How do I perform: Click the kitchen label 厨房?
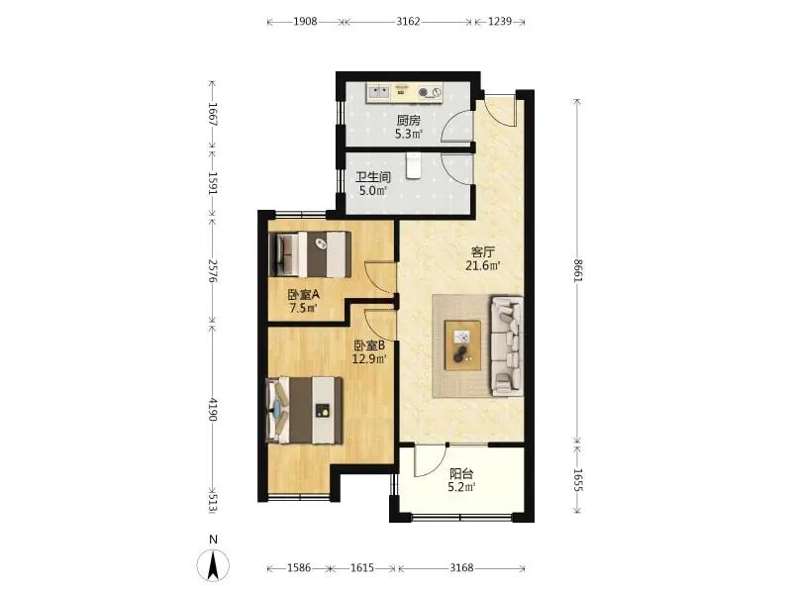tap(408, 120)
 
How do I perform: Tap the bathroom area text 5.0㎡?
tap(373, 190)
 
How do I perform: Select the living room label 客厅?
tap(482, 251)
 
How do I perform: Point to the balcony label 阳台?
tap(461, 474)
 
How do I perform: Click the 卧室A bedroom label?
tap(304, 294)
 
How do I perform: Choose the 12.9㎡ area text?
tap(369, 359)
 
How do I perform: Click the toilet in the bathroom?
tap(413, 166)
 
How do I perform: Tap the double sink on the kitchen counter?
tap(379, 92)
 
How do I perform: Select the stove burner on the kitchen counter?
tap(430, 92)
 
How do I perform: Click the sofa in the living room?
tap(506, 346)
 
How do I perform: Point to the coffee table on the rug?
tap(462, 346)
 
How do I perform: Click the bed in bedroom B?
tap(304, 410)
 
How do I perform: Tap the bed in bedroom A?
tap(310, 254)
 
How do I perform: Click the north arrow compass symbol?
tap(213, 564)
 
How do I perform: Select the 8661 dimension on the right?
tap(578, 270)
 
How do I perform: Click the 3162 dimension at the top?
tap(408, 21)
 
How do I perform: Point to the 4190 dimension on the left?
tap(213, 410)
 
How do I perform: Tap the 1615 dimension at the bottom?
tap(362, 567)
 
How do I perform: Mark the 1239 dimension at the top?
tap(500, 21)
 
